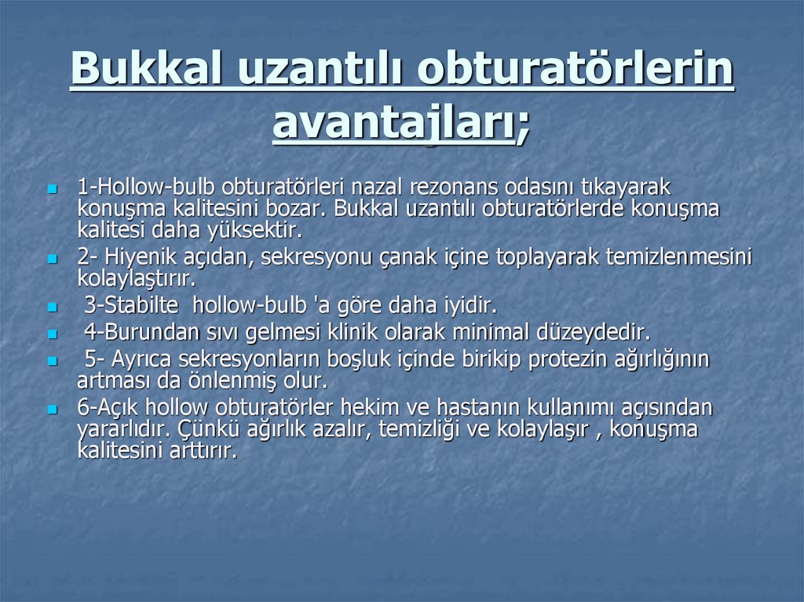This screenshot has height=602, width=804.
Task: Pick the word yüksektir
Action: coord(262,231)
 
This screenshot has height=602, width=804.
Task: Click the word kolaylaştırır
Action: coord(136,279)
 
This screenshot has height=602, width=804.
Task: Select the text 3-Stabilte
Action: coord(133,305)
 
